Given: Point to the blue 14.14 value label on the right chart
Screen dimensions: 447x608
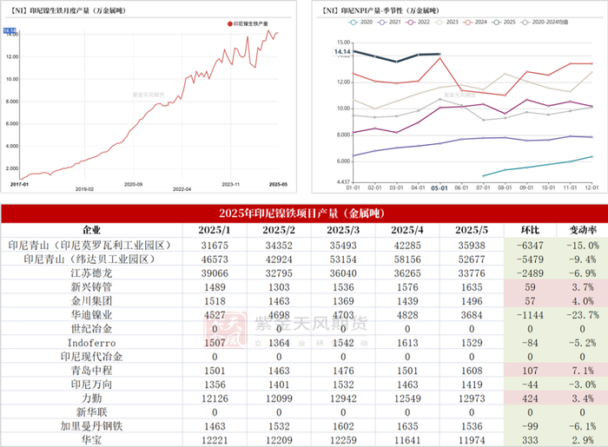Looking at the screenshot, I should coord(343,51).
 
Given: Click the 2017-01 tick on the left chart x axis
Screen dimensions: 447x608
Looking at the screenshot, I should coord(18,183).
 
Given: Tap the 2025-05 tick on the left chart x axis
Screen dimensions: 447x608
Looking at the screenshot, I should coord(279,183).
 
